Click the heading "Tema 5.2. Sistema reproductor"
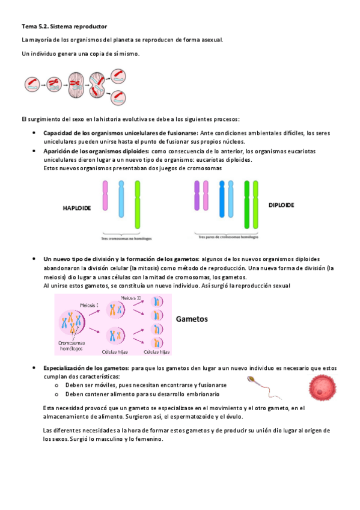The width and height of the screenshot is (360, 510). tap(64, 26)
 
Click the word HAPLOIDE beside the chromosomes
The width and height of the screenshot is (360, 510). tap(76, 208)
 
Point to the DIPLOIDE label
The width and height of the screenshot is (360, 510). tap(281, 205)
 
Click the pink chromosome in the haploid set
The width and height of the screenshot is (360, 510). tap(105, 199)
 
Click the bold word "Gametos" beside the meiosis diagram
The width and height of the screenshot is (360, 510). tap(192, 319)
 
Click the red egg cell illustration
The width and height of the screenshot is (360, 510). tap(322, 386)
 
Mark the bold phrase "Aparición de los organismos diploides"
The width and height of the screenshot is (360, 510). tap(96, 151)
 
